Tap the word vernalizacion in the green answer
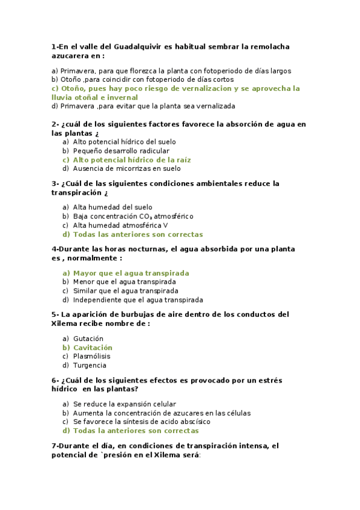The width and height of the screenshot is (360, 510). pos(207,88)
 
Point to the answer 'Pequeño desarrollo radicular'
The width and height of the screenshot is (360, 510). pos(121,151)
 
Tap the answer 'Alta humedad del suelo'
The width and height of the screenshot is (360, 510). pos(113,207)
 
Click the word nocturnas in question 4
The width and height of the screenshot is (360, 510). pos(147,249)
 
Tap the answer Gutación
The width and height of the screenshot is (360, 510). pos(88,339)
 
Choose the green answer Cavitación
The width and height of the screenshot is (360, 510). pos(93,348)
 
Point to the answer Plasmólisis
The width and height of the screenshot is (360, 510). pos(93,356)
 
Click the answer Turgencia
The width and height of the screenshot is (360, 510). pos(90,365)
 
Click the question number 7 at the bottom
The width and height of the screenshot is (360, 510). pos(54,446)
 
